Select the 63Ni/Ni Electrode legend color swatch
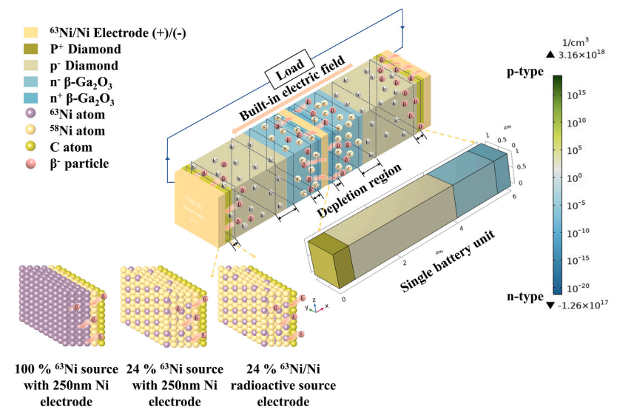pos(30,33)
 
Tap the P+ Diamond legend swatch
pos(30,49)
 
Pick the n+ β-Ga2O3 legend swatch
pos(30,98)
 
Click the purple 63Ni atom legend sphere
pos(30,114)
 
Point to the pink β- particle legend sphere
pos(30,162)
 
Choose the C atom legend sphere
pos(30,146)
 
